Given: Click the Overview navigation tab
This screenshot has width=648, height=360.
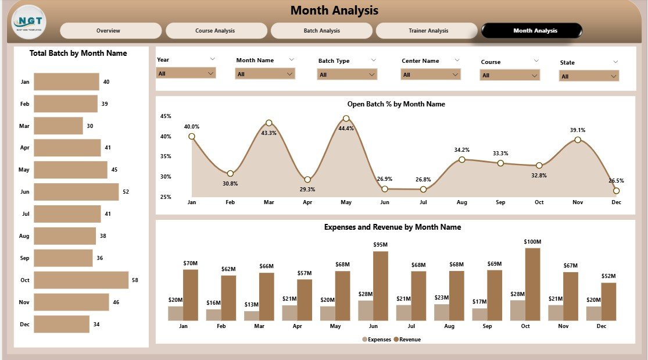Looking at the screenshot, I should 110,31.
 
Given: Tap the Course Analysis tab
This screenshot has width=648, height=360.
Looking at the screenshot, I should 216,31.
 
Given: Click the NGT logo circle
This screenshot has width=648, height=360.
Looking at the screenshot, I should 28,22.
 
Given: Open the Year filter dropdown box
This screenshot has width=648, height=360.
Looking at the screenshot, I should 186,73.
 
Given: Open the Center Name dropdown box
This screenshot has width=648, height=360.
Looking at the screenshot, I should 430,74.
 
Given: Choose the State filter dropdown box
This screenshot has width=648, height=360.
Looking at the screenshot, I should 589,76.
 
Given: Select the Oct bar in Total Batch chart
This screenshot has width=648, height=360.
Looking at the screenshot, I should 81,280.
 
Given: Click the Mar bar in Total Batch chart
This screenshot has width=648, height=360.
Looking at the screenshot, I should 58,126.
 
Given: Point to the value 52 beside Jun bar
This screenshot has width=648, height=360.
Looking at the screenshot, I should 127,192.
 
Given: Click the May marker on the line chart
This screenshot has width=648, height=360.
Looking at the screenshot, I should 346,119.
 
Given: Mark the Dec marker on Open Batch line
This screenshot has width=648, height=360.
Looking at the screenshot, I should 616,191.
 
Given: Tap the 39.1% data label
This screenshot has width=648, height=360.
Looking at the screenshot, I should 577,130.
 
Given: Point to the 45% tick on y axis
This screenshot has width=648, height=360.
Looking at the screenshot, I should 166,116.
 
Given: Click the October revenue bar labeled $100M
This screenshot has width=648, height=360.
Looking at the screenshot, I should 532,284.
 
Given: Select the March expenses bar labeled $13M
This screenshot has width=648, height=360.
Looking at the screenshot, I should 252,316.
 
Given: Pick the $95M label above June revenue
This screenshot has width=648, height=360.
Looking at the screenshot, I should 380,245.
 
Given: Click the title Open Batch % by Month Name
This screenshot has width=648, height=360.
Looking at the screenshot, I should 396,104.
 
